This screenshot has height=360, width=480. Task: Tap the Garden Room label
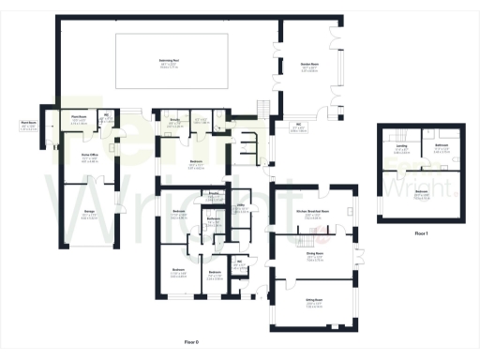(306, 66)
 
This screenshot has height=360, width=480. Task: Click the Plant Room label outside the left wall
(28, 124)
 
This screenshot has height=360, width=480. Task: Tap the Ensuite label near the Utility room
(214, 193)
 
